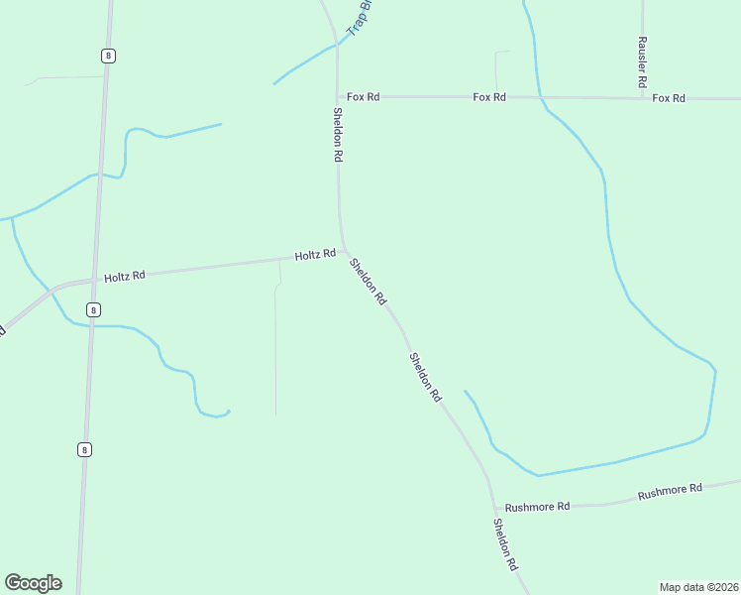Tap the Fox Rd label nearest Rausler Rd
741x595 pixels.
point(669,98)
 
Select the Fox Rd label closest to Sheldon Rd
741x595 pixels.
point(363,96)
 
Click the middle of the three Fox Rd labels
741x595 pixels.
point(489,97)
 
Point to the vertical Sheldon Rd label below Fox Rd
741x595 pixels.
point(338,135)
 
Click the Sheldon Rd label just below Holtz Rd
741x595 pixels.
point(367,281)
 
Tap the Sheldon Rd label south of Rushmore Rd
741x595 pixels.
point(506,544)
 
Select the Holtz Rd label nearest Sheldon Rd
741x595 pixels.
point(315,255)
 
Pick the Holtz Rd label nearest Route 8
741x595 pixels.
point(125,275)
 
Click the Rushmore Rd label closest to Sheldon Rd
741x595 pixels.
point(537,507)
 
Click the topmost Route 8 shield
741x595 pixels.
point(108,56)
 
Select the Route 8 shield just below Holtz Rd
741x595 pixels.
point(93,309)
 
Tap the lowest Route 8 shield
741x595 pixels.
point(85,449)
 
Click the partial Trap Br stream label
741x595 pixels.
point(358,18)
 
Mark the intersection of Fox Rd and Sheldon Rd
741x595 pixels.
point(338,96)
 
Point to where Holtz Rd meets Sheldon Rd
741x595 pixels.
point(344,254)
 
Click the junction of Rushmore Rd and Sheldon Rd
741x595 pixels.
point(491,505)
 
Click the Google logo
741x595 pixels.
point(33,583)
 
